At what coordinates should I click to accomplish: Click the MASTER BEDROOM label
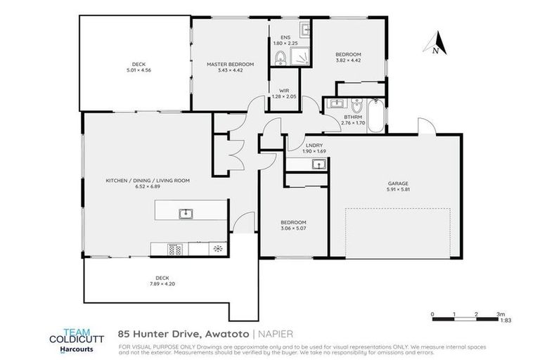point(230,64)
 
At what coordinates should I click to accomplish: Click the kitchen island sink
point(186,213)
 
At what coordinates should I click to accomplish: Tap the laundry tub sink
point(319,165)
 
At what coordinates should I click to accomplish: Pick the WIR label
point(284,90)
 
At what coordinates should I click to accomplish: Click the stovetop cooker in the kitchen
point(175,248)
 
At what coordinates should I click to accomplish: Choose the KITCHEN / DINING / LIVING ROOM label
point(148,181)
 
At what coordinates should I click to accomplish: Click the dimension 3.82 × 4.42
point(348,60)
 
